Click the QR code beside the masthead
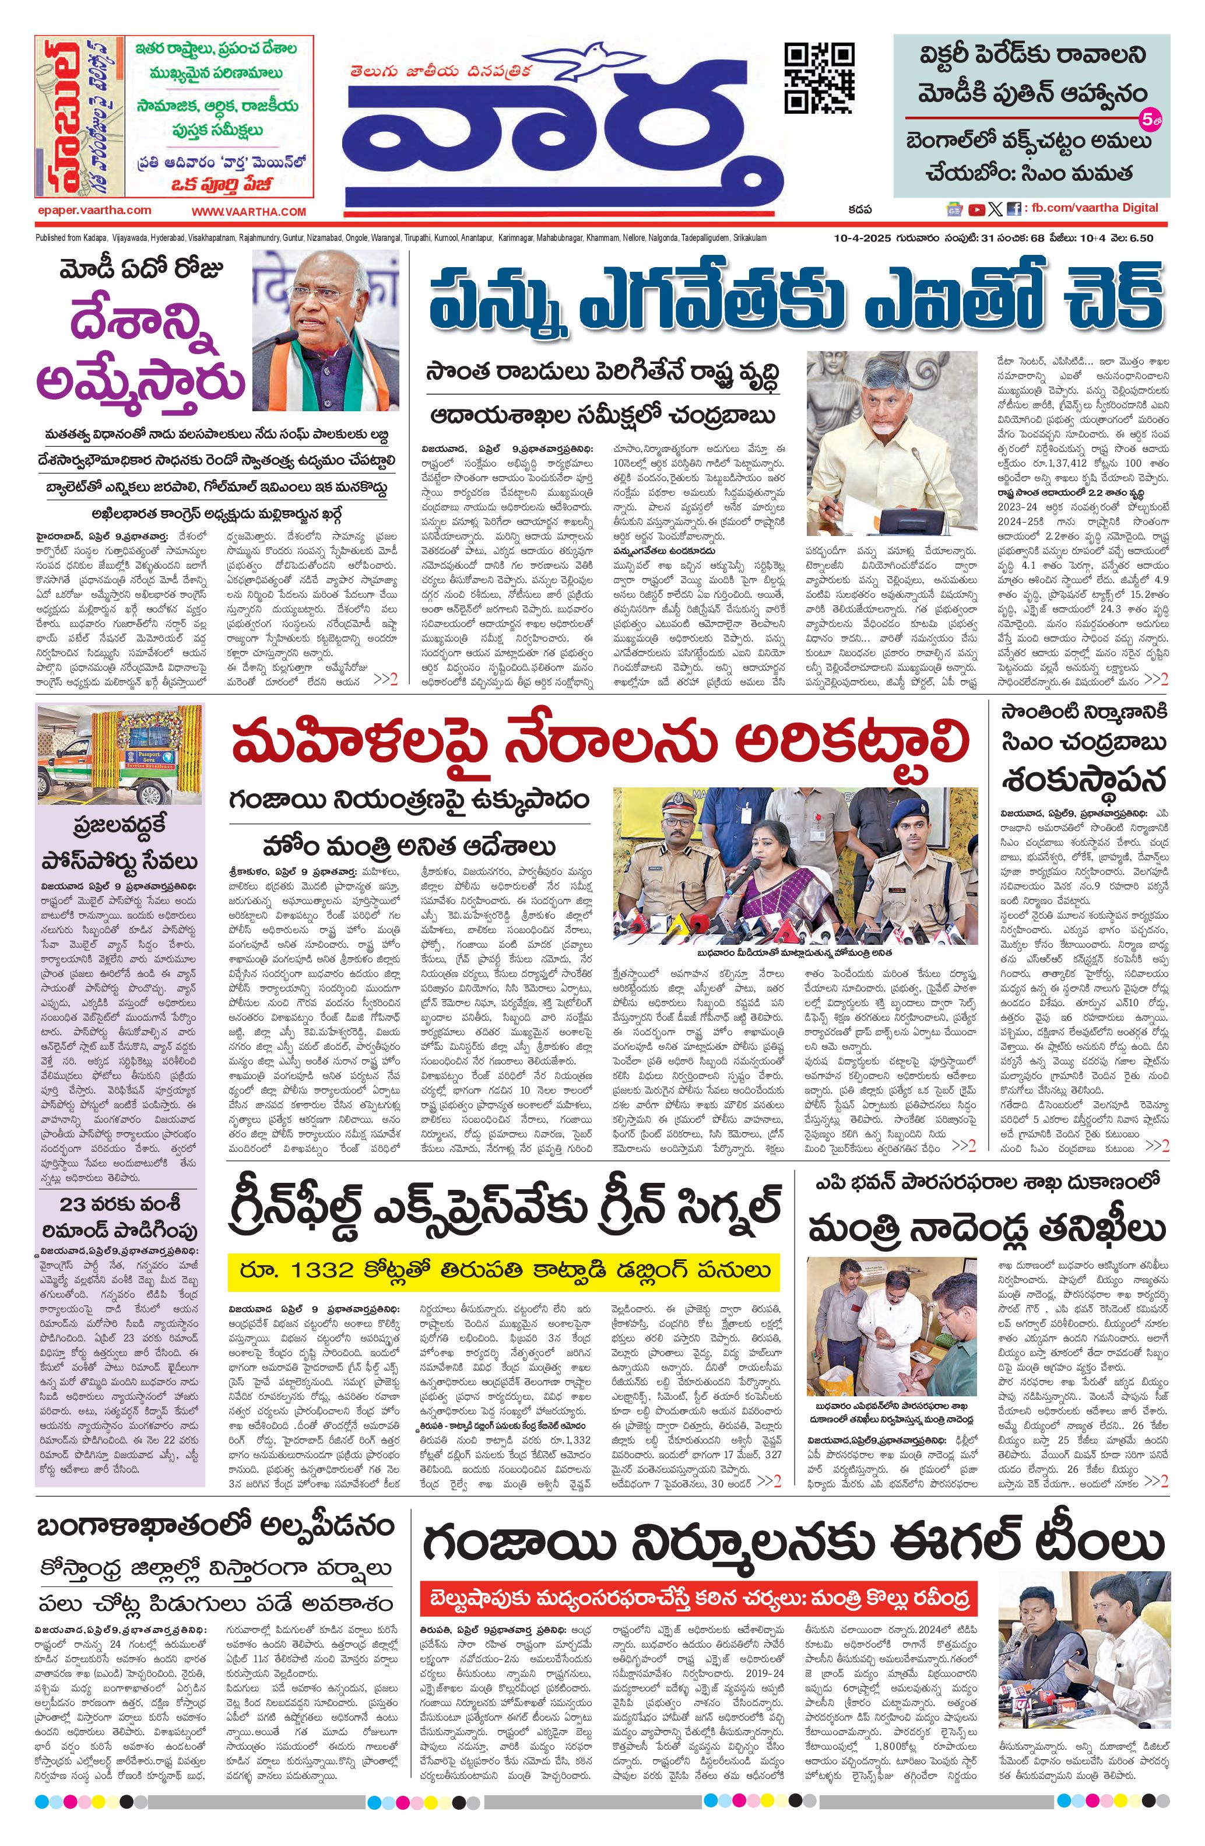click(820, 78)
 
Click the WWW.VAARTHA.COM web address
click(249, 212)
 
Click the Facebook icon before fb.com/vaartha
click(1013, 209)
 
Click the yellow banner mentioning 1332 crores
click(504, 1270)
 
